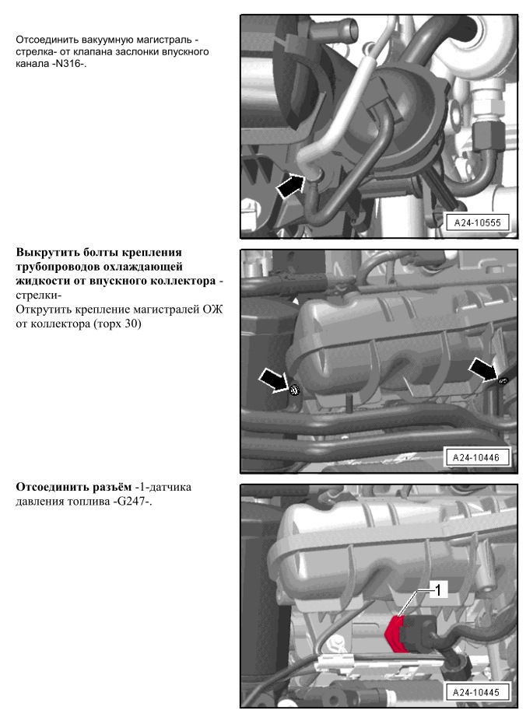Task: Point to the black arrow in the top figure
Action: coord(289,184)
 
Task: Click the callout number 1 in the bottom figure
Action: coord(437,590)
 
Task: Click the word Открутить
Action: coord(45,310)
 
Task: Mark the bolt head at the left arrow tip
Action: coord(295,390)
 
